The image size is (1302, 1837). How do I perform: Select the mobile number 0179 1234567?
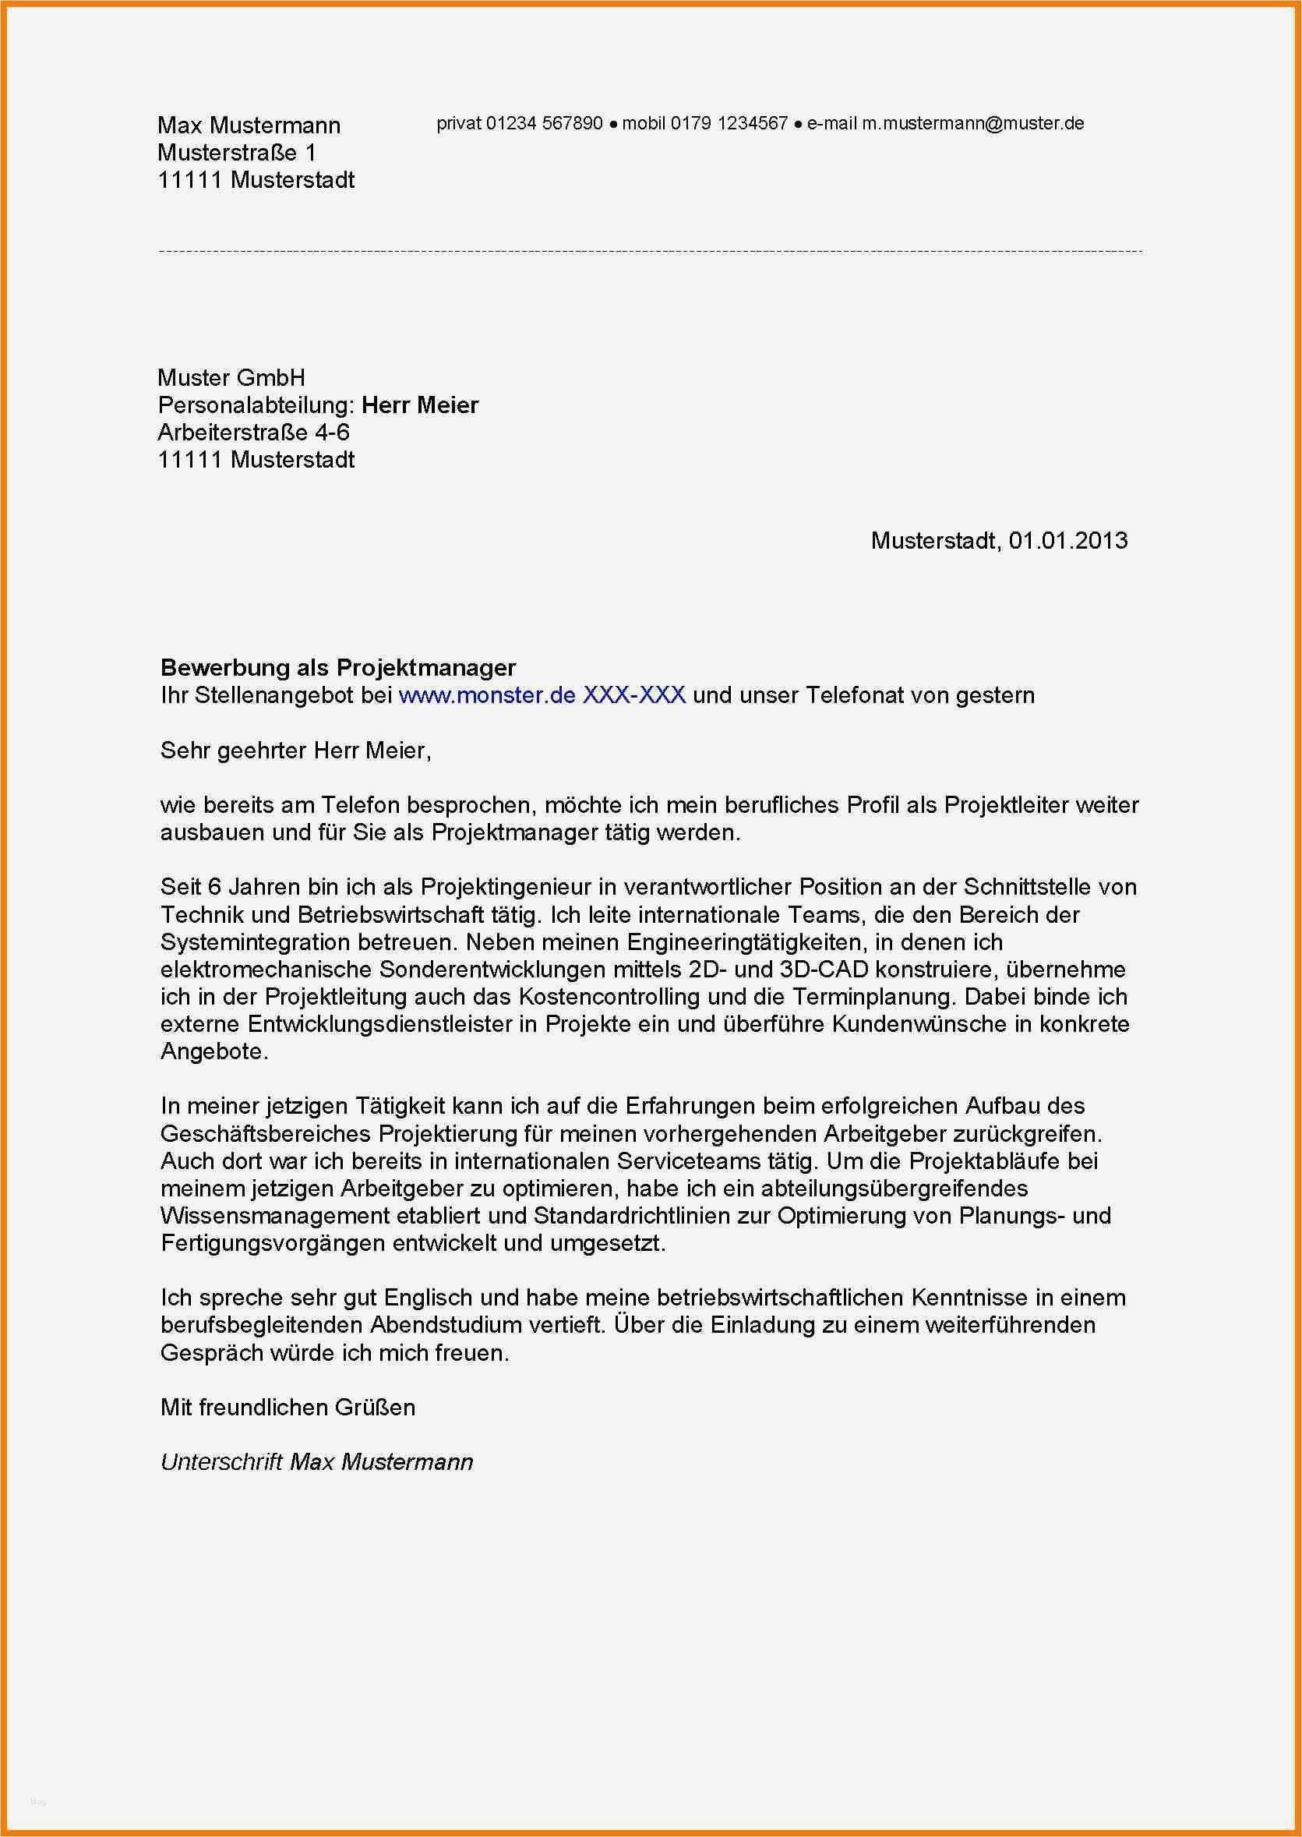729,123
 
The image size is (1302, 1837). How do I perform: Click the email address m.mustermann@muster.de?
972,123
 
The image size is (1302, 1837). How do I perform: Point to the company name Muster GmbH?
231,378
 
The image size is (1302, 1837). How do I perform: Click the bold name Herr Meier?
420,405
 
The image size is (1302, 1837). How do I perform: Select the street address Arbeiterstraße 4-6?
253,433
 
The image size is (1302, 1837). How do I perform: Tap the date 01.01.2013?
1068,540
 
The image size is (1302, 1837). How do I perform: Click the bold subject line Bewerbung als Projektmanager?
337,667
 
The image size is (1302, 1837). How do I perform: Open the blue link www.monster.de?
487,695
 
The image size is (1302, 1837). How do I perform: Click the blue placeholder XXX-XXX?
633,695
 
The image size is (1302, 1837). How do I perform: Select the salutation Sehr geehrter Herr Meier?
295,751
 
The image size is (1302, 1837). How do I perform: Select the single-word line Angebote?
213,1052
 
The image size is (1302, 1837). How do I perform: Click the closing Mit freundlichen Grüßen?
288,1408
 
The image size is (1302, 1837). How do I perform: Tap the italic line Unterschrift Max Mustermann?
316,1462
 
